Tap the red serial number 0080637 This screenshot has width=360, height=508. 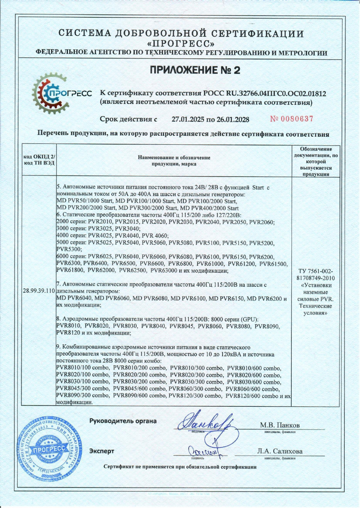tap(292, 119)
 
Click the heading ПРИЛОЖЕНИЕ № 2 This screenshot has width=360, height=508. tap(195, 70)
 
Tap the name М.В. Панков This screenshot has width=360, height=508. tap(280, 425)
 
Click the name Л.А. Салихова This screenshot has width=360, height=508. tap(280, 451)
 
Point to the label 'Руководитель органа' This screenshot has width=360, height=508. tap(123, 421)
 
